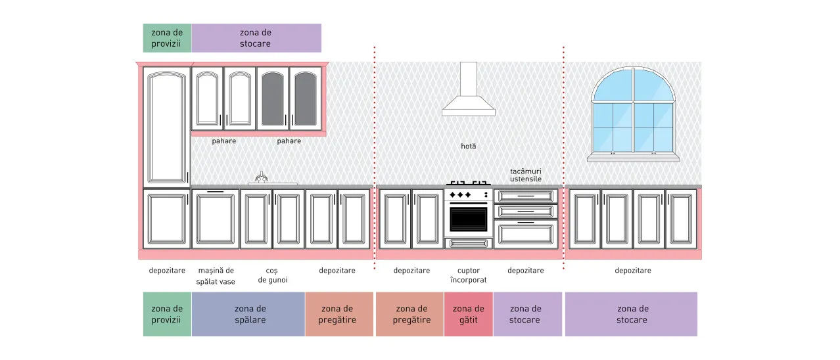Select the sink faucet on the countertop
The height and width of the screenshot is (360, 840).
pos(262,177)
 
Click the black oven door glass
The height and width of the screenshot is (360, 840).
pos(469,219)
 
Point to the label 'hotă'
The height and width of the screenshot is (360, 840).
pos(469,146)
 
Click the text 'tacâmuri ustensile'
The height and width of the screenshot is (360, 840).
pos(526,175)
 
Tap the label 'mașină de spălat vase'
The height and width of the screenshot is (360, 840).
pos(216,276)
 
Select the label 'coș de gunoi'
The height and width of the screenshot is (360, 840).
pos(273,275)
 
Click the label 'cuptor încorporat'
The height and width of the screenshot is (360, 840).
pos(469,275)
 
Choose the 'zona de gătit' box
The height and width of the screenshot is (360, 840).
pos(469,314)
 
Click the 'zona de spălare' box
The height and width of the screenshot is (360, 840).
pos(248,314)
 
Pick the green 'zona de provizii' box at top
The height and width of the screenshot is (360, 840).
pos(167,38)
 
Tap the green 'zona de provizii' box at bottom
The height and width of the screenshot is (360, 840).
pos(167,314)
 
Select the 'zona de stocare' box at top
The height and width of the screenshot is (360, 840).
pos(256,38)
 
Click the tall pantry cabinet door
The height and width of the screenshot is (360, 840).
pos(167,127)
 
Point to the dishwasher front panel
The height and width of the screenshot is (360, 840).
pos(216,219)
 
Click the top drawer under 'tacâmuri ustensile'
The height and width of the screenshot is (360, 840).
pos(526,196)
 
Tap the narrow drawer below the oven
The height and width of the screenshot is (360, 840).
pos(469,244)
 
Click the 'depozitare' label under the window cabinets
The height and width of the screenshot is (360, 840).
pos(633,271)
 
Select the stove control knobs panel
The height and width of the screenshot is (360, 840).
pos(469,195)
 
